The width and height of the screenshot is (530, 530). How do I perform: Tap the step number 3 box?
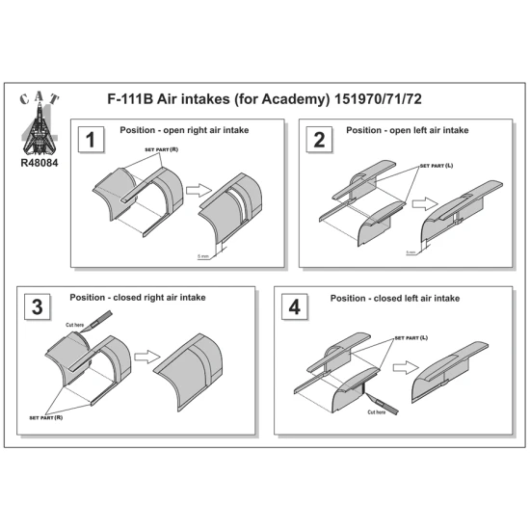tap(38, 307)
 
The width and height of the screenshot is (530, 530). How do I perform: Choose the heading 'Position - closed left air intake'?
tap(396, 299)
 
